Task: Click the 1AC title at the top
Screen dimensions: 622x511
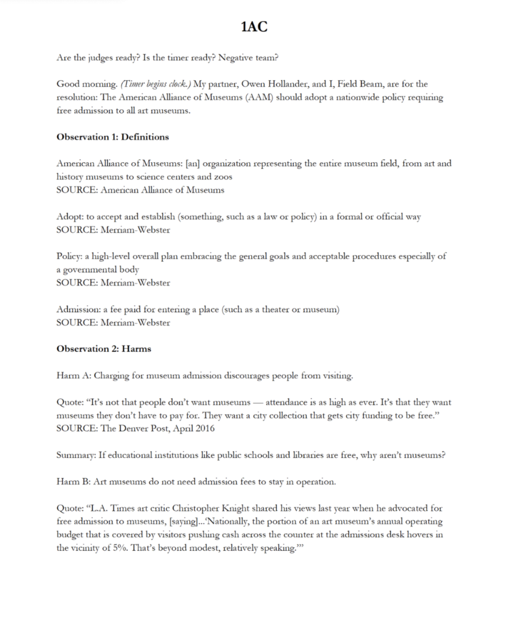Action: tap(255, 27)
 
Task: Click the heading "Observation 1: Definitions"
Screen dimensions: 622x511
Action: tap(113, 137)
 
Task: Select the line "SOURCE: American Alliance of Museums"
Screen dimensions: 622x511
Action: tap(140, 190)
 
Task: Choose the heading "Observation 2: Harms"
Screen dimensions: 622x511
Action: tap(104, 349)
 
